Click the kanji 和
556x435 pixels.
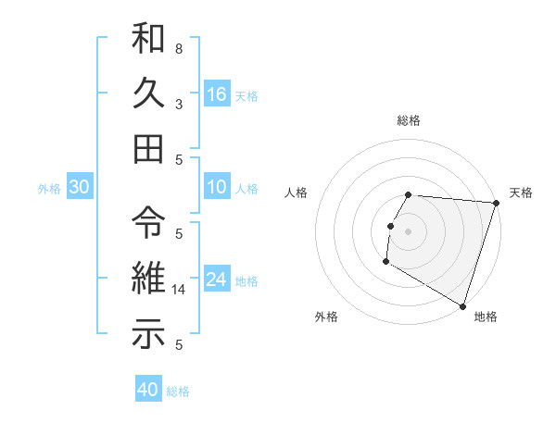[149, 40]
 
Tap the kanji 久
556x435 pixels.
[149, 93]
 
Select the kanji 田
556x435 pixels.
[149, 147]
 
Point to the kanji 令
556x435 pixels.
[149, 221]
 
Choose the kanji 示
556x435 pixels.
[149, 333]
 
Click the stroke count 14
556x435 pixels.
[179, 290]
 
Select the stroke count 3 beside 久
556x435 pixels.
[179, 104]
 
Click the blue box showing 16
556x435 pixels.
[217, 93]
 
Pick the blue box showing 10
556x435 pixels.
[217, 187]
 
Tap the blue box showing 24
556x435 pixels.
[217, 280]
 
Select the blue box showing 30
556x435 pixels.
[79, 187]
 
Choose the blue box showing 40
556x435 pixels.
[148, 390]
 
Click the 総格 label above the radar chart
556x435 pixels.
[409, 120]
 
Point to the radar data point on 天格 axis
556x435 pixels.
[496, 204]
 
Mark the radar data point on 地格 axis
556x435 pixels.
[462, 305]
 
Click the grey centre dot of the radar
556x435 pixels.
[408, 231]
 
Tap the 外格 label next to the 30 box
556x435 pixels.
[49, 189]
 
